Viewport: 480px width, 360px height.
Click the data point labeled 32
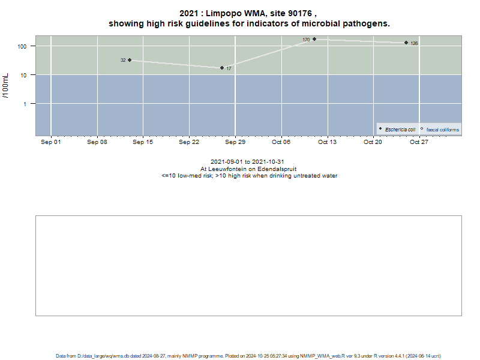pos(130,60)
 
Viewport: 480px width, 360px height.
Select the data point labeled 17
pos(222,68)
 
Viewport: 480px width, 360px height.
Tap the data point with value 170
pos(314,39)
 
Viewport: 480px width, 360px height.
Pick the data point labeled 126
pos(406,43)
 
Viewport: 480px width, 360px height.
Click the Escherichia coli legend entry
pos(397,130)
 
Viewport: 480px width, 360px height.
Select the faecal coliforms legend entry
pos(440,130)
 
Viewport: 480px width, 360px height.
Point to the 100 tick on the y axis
pos(22,47)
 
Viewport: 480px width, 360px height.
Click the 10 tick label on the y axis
pos(23,76)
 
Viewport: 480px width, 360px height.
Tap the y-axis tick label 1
pos(25,104)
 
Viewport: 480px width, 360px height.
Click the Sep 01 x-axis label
pos(51,142)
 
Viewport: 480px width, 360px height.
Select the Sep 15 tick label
pos(143,142)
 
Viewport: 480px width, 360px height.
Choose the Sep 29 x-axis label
pos(235,142)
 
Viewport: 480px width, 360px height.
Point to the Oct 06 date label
pos(281,142)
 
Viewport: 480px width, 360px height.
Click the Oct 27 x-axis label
pos(419,142)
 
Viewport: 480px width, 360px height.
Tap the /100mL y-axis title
pos(5,86)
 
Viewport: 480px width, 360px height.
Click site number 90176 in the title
pos(300,13)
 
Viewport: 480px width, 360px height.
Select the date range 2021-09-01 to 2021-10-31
pos(247,161)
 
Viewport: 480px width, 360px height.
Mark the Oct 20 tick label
pos(373,142)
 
